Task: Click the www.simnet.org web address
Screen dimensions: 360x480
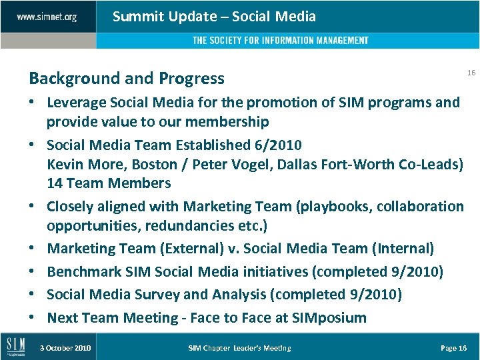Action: coord(47,17)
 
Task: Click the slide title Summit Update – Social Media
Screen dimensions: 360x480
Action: coord(214,17)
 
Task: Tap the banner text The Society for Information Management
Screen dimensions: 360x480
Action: coord(280,41)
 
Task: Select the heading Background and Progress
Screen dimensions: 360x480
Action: coord(127,79)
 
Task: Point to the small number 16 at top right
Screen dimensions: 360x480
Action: coord(471,73)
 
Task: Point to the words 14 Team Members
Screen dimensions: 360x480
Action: coord(109,183)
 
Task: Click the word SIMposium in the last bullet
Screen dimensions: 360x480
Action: coord(329,318)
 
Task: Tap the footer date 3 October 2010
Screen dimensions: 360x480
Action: coord(65,348)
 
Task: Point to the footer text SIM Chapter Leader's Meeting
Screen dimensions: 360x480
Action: coord(239,348)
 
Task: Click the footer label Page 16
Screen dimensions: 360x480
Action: coord(454,348)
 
